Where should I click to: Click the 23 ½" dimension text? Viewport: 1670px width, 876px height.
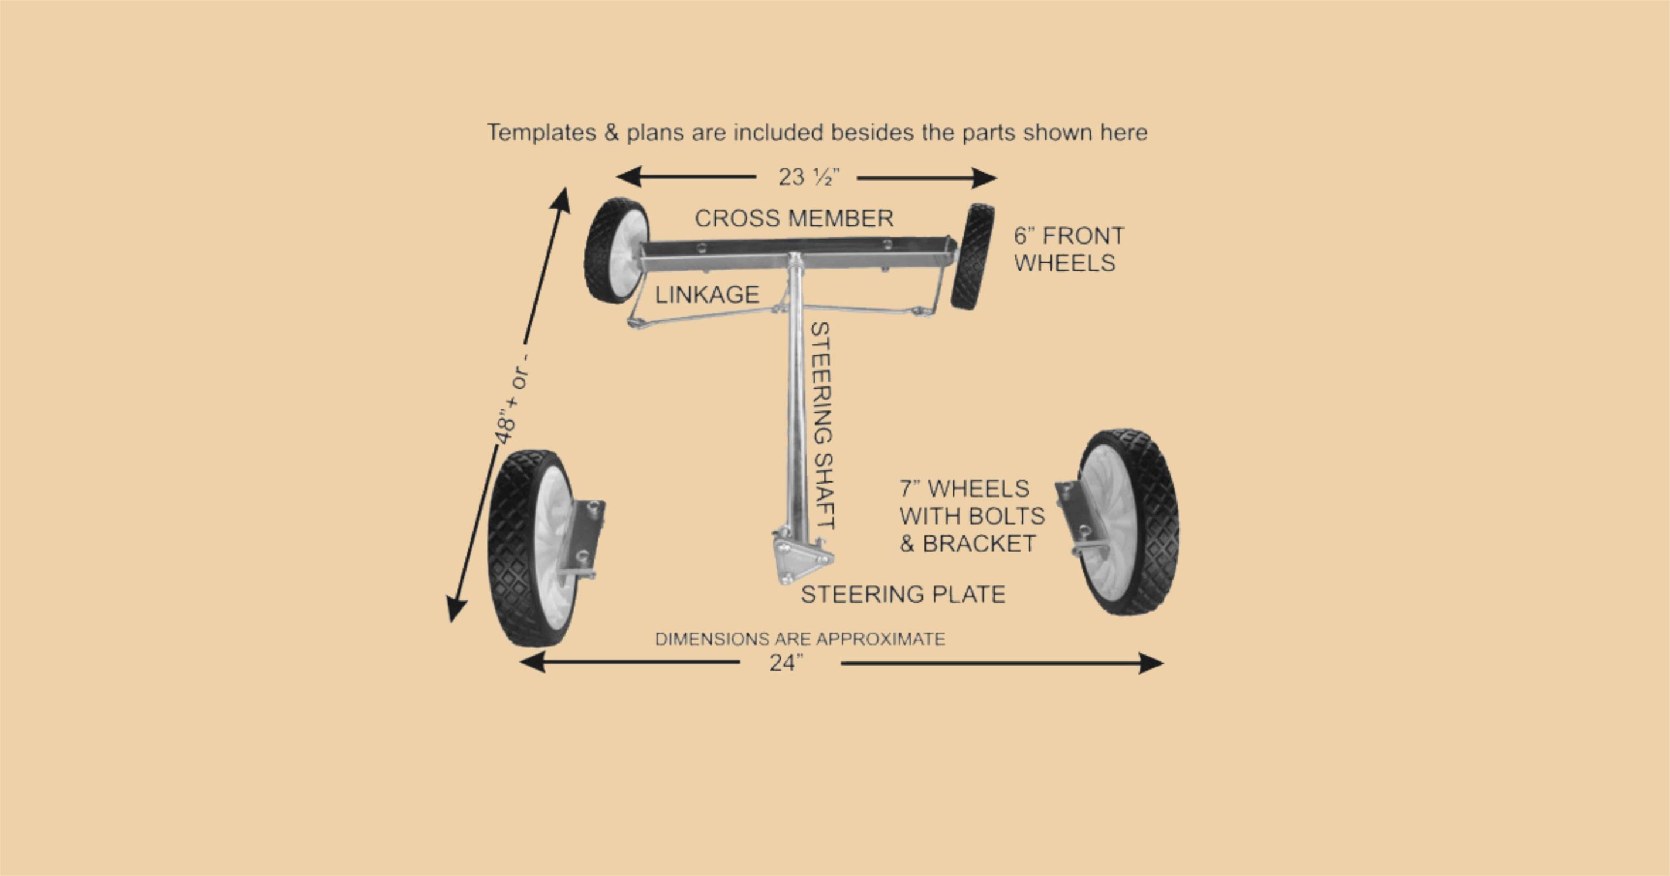(x=808, y=177)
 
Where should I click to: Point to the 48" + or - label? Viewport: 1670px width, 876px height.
(x=512, y=398)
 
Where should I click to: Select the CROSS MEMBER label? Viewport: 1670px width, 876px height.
(x=794, y=219)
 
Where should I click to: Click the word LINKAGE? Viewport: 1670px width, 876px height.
(x=707, y=295)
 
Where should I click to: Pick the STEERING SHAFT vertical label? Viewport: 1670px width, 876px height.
(x=821, y=426)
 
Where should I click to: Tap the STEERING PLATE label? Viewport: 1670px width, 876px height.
(x=903, y=594)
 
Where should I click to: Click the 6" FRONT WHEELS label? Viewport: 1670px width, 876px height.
(x=1069, y=249)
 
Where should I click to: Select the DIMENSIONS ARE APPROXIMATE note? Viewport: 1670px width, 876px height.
(x=800, y=639)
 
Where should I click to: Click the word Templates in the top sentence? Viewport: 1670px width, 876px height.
(x=541, y=133)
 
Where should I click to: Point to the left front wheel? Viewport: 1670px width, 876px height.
(x=616, y=250)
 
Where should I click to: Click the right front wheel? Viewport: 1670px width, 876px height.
(x=972, y=257)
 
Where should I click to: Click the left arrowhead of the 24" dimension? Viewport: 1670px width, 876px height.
(x=532, y=663)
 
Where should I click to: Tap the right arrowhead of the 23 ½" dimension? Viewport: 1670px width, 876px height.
(x=984, y=178)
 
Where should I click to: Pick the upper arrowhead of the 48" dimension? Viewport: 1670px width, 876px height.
(x=561, y=201)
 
